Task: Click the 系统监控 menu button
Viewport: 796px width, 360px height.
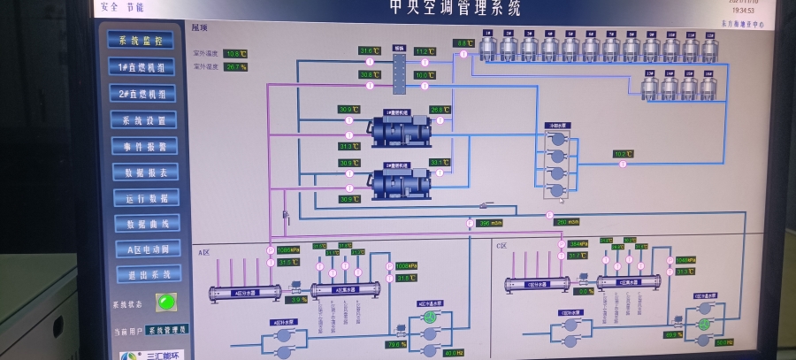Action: click(x=141, y=40)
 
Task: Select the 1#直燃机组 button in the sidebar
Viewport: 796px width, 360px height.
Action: click(x=142, y=67)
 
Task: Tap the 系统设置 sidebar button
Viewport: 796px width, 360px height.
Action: click(x=143, y=119)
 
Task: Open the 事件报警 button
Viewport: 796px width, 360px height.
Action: click(x=144, y=146)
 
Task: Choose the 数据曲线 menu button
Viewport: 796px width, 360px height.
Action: click(x=147, y=224)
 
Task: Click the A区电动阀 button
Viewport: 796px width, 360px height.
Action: click(x=148, y=249)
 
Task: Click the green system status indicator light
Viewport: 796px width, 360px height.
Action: click(x=164, y=302)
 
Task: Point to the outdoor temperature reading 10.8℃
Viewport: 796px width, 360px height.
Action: click(x=234, y=54)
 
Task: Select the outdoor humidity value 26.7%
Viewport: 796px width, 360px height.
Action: click(x=235, y=66)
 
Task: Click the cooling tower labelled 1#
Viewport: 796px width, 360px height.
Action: click(x=488, y=48)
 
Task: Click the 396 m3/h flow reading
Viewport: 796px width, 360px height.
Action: click(x=489, y=223)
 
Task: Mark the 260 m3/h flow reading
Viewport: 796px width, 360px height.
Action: click(x=566, y=221)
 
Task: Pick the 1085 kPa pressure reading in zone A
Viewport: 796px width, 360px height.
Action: click(x=287, y=250)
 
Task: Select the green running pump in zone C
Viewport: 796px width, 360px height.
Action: click(x=703, y=325)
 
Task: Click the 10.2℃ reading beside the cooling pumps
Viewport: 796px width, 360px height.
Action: click(x=623, y=154)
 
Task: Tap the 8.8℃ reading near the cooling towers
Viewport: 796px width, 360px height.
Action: click(x=463, y=42)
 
